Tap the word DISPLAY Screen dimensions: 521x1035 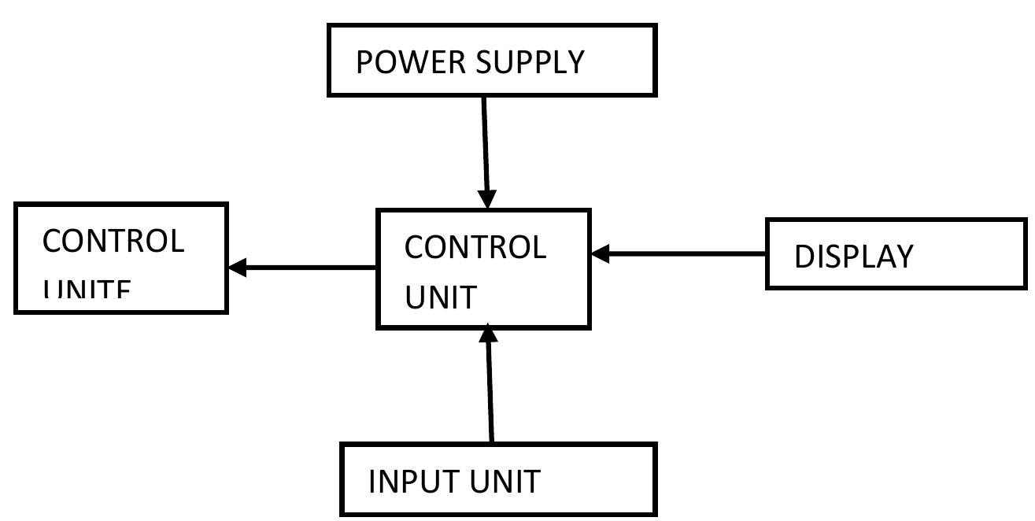pyautogui.click(x=853, y=257)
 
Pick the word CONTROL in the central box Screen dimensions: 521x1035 pyautogui.click(x=475, y=247)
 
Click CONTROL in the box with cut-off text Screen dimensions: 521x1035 pyautogui.click(x=113, y=241)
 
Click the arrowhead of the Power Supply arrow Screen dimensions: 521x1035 pyautogui.click(x=487, y=199)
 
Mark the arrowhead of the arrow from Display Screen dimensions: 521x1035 pyautogui.click(x=601, y=253)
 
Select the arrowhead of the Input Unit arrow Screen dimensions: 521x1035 pyautogui.click(x=489, y=334)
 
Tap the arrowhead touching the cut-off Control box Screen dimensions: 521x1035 pyautogui.click(x=237, y=267)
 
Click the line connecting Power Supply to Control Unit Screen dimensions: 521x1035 pyautogui.click(x=485, y=142)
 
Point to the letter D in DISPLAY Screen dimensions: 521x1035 pyautogui.click(x=804, y=257)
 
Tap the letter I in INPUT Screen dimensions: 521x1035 pyautogui.click(x=371, y=481)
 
